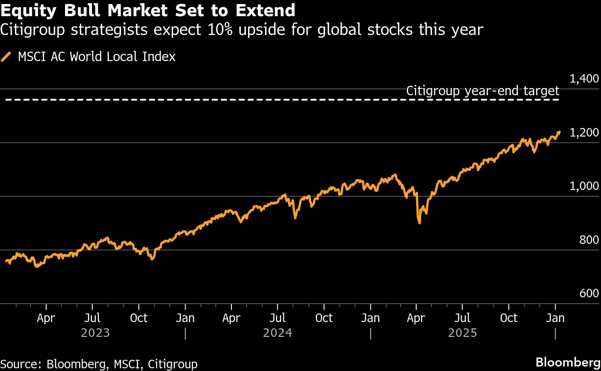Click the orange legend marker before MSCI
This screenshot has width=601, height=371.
point(6,57)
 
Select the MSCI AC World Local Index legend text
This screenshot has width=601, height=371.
point(96,57)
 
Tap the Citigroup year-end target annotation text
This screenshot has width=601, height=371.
point(483,91)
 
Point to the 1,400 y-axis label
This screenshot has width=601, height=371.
point(584,79)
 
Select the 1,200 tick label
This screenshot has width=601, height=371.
point(584,133)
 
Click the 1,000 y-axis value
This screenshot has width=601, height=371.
point(584,186)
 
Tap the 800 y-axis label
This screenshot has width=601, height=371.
point(589,240)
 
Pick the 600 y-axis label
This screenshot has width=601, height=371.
point(589,294)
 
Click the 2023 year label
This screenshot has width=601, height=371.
point(95,333)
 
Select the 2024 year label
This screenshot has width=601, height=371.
point(278,333)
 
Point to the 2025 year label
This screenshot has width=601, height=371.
point(462,333)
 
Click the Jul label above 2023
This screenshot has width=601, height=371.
point(92,318)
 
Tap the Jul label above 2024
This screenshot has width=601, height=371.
point(277,318)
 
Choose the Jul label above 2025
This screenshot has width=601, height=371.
point(462,318)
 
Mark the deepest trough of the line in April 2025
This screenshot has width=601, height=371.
point(419,222)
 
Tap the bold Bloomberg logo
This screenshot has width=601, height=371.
point(568,362)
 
